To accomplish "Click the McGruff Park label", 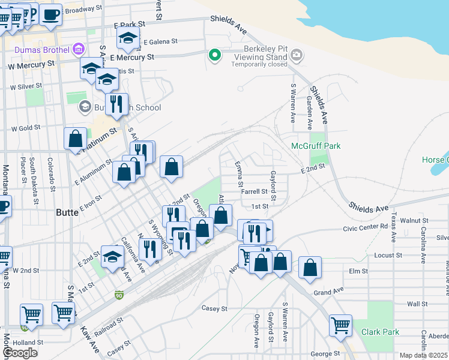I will [x=315, y=146].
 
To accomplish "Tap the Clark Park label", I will [x=380, y=332].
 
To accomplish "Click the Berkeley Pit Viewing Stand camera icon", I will [x=296, y=56].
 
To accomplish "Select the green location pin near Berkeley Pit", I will [x=214, y=56].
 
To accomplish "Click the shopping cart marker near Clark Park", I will [x=340, y=325].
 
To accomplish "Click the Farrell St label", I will [x=255, y=192].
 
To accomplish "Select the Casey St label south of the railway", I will [x=214, y=308].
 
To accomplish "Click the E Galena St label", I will [x=161, y=42].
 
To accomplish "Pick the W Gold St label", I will [x=26, y=128].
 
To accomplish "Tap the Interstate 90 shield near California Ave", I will [x=119, y=295].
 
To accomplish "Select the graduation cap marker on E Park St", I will [x=128, y=38].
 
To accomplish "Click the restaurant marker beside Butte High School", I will [x=116, y=103].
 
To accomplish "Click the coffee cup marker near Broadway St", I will [x=50, y=14].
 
